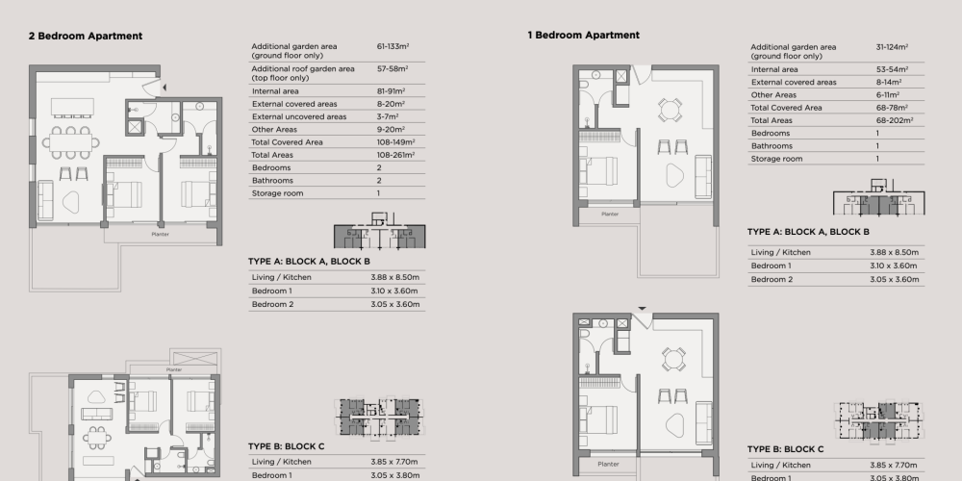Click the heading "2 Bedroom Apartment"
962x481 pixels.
coord(86,37)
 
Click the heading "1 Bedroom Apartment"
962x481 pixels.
coord(584,35)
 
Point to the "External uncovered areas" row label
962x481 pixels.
coord(299,116)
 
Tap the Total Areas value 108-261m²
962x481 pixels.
coord(395,155)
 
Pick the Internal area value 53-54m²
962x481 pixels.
coord(892,69)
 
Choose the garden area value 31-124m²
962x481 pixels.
coord(892,46)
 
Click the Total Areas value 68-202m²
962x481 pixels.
coord(895,120)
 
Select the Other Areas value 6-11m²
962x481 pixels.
coord(888,95)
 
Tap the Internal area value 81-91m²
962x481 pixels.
coord(391,90)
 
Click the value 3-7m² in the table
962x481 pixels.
coord(388,116)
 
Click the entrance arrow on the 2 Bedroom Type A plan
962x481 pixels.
coord(164,89)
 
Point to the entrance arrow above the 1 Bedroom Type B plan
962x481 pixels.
coord(643,309)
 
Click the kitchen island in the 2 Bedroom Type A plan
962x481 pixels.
coord(72,106)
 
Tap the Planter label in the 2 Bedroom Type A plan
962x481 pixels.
coord(160,235)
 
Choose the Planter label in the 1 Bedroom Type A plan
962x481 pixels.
coord(610,215)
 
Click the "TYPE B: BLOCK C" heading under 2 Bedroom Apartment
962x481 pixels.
coord(287,446)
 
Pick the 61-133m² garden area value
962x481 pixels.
coord(392,46)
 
